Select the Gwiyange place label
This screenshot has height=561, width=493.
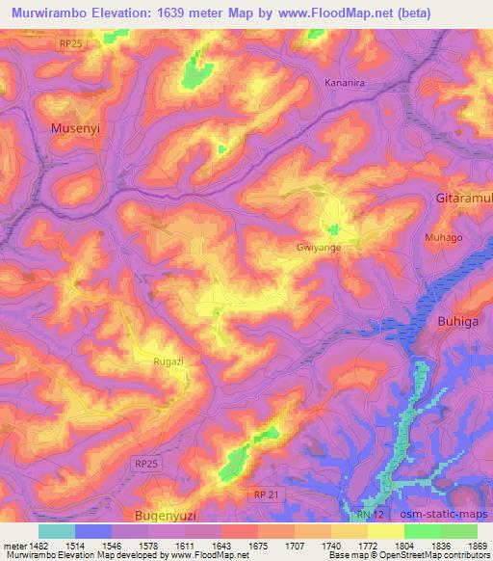pos(319,247)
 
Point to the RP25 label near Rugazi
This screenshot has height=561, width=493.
pos(146,465)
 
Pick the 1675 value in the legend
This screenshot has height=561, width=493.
pos(232,546)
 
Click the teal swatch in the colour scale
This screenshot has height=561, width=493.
pos(57,531)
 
